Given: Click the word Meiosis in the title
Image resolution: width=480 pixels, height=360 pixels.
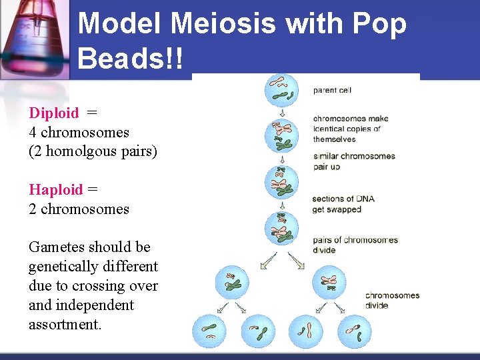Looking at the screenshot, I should (223, 24).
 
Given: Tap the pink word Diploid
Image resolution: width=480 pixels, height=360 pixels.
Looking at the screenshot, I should (53, 113).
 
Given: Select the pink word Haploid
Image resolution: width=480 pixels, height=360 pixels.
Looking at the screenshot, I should (55, 189).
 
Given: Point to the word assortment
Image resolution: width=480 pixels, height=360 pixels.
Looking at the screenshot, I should (65, 325).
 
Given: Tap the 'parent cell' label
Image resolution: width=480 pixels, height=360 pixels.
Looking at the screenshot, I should (332, 90).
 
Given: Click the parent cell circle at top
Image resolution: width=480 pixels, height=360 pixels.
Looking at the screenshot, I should (283, 91).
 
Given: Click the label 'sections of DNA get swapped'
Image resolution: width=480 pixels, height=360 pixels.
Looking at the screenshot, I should (337, 204).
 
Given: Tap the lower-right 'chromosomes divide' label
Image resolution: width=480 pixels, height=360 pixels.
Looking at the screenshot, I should (392, 300).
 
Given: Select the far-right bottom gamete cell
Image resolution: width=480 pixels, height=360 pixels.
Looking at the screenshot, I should (354, 331).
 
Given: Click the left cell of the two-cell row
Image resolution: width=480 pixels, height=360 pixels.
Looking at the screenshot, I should (232, 282).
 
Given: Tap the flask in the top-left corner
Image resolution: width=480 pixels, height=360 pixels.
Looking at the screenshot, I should (33, 37).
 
